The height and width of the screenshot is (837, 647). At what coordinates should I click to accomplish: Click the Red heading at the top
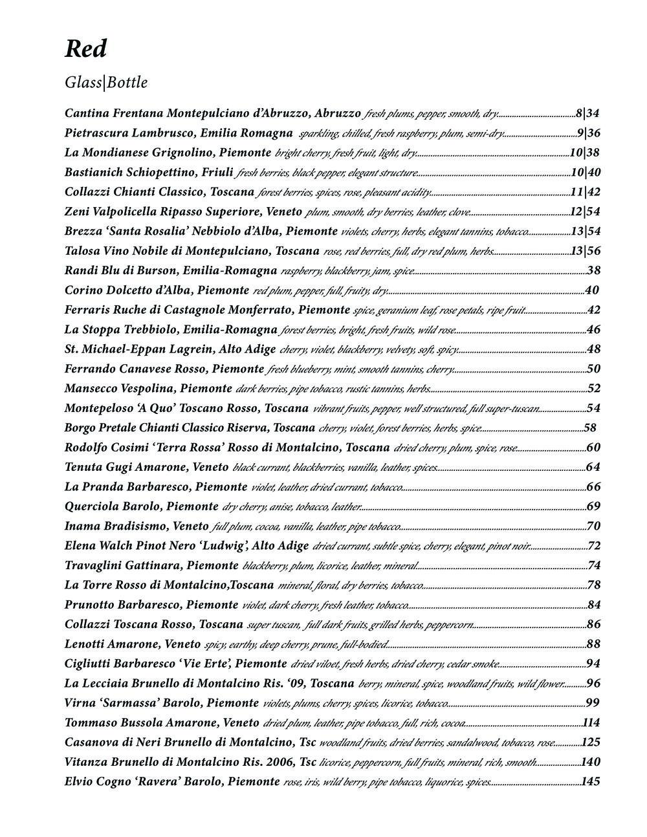85,49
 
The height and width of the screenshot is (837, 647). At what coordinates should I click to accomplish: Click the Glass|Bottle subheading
106,83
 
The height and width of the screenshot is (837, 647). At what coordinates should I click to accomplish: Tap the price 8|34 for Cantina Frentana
587,114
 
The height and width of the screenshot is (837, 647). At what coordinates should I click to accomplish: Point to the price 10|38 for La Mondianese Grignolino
584,153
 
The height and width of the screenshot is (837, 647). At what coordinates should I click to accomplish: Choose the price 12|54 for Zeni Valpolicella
585,212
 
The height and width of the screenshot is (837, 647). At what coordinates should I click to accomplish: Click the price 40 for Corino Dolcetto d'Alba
591,290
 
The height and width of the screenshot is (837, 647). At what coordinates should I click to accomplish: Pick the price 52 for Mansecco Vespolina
594,389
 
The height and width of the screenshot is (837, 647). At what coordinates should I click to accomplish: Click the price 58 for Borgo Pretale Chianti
590,428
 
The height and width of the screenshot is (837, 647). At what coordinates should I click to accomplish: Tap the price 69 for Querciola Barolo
594,506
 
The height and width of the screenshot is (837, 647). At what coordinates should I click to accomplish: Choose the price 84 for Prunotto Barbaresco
594,605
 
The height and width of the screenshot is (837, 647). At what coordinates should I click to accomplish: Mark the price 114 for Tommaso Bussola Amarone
591,723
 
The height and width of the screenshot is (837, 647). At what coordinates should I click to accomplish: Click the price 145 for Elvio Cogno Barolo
591,782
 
